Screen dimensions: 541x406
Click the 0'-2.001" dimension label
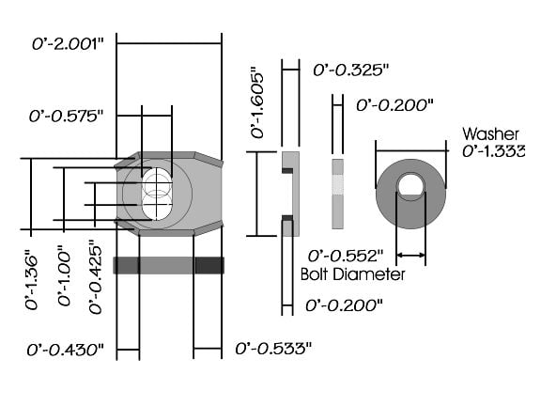tap(68, 44)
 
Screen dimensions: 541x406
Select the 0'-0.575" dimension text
tap(67, 117)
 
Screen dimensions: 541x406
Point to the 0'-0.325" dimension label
tap(351, 70)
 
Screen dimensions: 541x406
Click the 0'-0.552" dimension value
tap(346, 256)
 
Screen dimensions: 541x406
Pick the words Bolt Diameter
tap(352, 274)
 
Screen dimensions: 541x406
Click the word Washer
tap(490, 134)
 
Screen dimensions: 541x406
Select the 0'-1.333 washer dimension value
tap(494, 151)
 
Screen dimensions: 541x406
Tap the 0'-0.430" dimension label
tap(65, 350)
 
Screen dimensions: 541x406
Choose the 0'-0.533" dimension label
tap(273, 349)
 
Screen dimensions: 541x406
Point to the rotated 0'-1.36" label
tap(31, 282)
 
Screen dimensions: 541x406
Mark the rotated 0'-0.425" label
tap(96, 277)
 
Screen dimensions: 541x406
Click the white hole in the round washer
tap(410, 185)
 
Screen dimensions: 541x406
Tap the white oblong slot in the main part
tap(158, 194)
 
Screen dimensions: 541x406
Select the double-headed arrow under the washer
tap(411, 255)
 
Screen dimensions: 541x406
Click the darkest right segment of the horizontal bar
tap(209, 265)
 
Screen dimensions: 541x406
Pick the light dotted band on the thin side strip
tap(338, 185)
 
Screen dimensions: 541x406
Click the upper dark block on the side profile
tap(287, 170)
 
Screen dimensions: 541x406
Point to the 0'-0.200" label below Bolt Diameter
tap(344, 305)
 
